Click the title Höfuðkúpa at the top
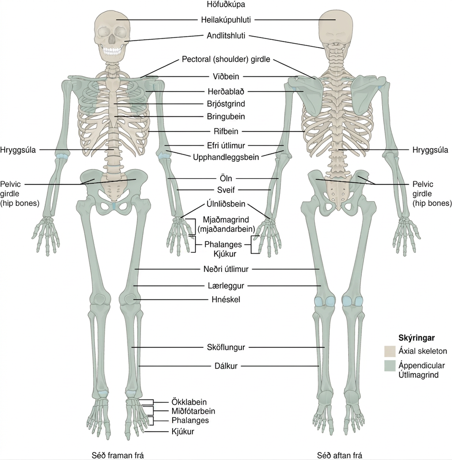(x=226, y=5)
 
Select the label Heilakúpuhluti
(x=226, y=20)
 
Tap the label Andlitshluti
(x=226, y=36)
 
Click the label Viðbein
(x=226, y=77)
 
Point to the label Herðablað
(x=226, y=92)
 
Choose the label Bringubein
(x=226, y=117)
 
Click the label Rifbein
(x=226, y=131)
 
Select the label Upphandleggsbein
(x=226, y=157)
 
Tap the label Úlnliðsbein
(x=226, y=204)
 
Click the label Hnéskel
(x=226, y=300)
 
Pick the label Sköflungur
(x=226, y=347)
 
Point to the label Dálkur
(x=226, y=366)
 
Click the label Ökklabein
(x=189, y=402)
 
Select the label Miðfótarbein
(x=193, y=411)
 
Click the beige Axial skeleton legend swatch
(x=390, y=351)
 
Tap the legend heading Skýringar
(x=417, y=338)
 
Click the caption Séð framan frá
(x=118, y=455)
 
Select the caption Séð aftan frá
(x=340, y=455)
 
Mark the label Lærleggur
(x=226, y=286)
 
